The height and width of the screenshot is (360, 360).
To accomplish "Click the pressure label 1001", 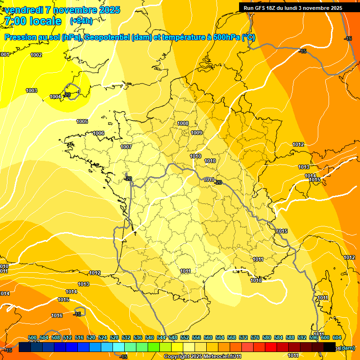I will click(5, 55).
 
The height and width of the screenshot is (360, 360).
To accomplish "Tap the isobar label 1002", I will click(36, 55).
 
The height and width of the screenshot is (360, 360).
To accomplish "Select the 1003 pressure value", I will click(31, 90).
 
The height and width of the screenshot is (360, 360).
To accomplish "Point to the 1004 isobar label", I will click(55, 97).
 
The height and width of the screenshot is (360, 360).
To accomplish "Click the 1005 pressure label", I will click(82, 121).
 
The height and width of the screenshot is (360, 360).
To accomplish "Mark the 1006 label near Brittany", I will click(98, 133).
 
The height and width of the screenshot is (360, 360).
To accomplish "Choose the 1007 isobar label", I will click(126, 147).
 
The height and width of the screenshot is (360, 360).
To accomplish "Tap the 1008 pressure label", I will click(183, 123).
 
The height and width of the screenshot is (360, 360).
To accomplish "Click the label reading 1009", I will click(196, 133).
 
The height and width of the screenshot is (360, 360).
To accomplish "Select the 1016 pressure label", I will click(57, 315).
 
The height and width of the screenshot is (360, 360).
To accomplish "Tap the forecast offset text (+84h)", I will click(81, 21).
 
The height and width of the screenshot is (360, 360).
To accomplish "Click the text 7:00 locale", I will click(32, 21).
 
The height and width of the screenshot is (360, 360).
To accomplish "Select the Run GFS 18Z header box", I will click(292, 8).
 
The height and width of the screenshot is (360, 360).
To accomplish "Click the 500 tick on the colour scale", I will click(32, 337).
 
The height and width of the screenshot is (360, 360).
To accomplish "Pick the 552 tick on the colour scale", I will click(185, 337).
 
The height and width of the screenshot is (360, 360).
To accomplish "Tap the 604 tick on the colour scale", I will click(337, 337).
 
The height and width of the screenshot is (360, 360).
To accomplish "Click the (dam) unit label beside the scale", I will click(347, 348).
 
